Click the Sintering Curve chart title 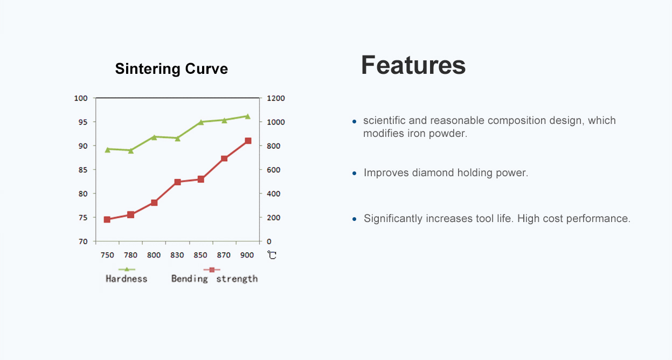coord(171,69)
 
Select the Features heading coord(413,65)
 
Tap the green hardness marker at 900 coord(248,116)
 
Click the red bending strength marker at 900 coord(248,141)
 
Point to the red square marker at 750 coord(107,219)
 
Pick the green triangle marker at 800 coord(154,137)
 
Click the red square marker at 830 coord(178,182)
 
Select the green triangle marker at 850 coord(201,122)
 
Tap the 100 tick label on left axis coord(81,98)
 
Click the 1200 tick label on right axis coord(276,98)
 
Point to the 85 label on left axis coord(83,170)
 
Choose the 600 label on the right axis coord(274,170)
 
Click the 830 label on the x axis coord(177,255)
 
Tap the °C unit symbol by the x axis coord(272,255)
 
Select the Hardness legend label coord(126,279)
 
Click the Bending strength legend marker coord(212,269)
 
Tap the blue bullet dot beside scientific coord(354,121)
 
